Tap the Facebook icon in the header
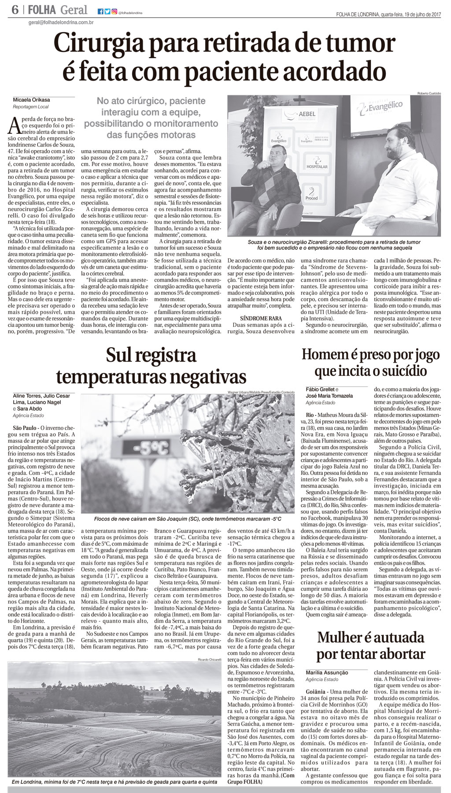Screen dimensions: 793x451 100,11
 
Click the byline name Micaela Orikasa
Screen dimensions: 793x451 31,100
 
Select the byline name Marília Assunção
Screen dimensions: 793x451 327,673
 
